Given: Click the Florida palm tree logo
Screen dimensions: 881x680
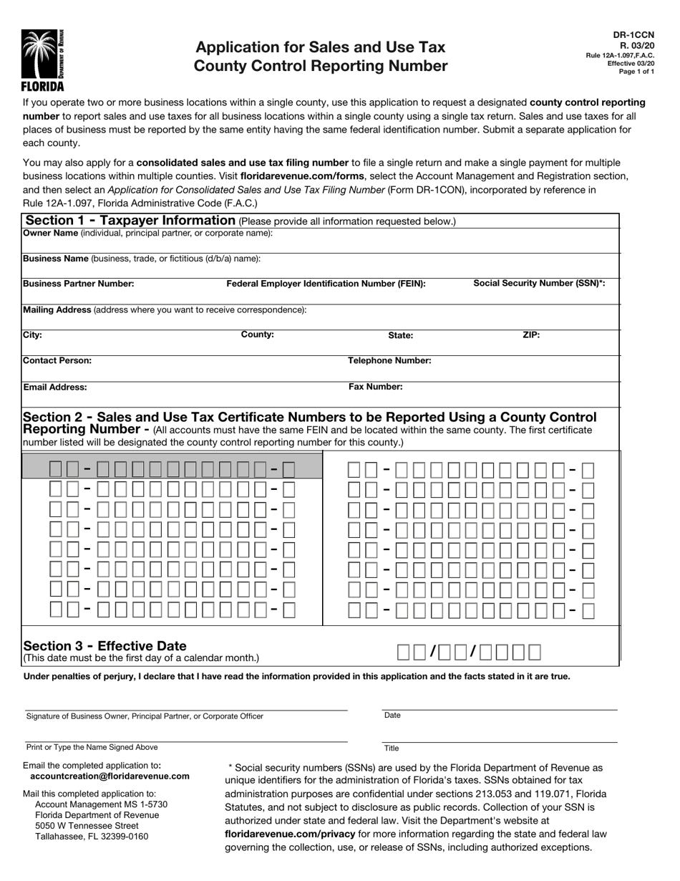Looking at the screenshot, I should pos(42,57).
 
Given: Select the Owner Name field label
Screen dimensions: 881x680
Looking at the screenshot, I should pos(51,233).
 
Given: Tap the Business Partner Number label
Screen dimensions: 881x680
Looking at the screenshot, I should pos(79,284).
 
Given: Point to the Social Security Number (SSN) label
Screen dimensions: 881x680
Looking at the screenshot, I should pos(539,283).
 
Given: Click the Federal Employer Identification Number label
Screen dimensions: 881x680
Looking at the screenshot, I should pos(326,284).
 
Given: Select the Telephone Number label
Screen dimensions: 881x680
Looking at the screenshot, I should pos(389,361).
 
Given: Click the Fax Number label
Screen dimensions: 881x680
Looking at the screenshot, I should pos(375,387).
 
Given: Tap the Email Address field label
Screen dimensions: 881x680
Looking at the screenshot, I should pos(55,387).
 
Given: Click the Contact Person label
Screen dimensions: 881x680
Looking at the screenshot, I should pos(57,361).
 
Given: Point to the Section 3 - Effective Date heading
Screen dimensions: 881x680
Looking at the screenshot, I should pos(105,645).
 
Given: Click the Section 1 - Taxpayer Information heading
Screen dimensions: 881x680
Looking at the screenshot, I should pos(130,221).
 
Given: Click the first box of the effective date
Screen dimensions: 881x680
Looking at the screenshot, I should pos(404,652).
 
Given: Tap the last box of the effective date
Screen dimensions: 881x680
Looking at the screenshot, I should pos(534,652).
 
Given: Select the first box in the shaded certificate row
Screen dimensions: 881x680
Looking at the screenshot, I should pos(55,470).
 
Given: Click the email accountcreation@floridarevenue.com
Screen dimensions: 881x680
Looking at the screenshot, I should pos(110,776).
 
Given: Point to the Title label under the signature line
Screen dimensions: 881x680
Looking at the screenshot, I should pos(392,748).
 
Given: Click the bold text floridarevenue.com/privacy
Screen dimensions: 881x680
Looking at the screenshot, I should pos(290,834).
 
